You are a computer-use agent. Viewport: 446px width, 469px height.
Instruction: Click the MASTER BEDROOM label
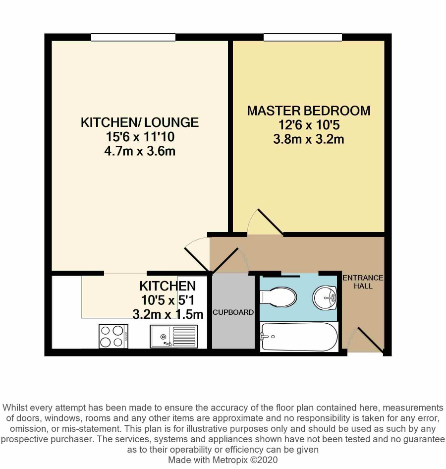pos(309,111)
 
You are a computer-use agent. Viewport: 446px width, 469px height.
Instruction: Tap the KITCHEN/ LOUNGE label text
pos(140,122)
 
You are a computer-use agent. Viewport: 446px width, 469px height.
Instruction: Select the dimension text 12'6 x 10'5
pos(309,125)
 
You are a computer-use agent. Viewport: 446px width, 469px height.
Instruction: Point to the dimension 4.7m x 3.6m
pos(140,151)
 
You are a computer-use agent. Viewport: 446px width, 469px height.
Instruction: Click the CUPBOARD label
pos(233,312)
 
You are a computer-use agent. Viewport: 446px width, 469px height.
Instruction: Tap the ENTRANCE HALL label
pos(363,282)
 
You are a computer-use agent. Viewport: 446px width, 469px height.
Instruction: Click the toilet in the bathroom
pos(278,297)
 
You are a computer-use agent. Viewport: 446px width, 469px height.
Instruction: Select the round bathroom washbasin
pos(325,298)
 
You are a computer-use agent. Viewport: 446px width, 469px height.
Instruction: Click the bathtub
pos(299,337)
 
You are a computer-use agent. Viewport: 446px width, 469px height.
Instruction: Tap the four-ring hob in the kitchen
pos(113,337)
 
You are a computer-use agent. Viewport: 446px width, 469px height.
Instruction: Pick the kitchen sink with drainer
pos(173,337)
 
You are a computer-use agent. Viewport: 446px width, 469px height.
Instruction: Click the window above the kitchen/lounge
pos(133,37)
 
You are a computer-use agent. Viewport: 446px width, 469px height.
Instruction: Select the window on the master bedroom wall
pos(302,37)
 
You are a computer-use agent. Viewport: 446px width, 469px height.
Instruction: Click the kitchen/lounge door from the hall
pos(197,254)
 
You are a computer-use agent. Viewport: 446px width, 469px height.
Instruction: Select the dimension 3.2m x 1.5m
pos(167,314)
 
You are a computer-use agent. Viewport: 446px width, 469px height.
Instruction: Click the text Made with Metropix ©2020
pos(223,460)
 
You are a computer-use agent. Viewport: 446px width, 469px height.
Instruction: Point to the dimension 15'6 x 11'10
pos(140,137)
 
